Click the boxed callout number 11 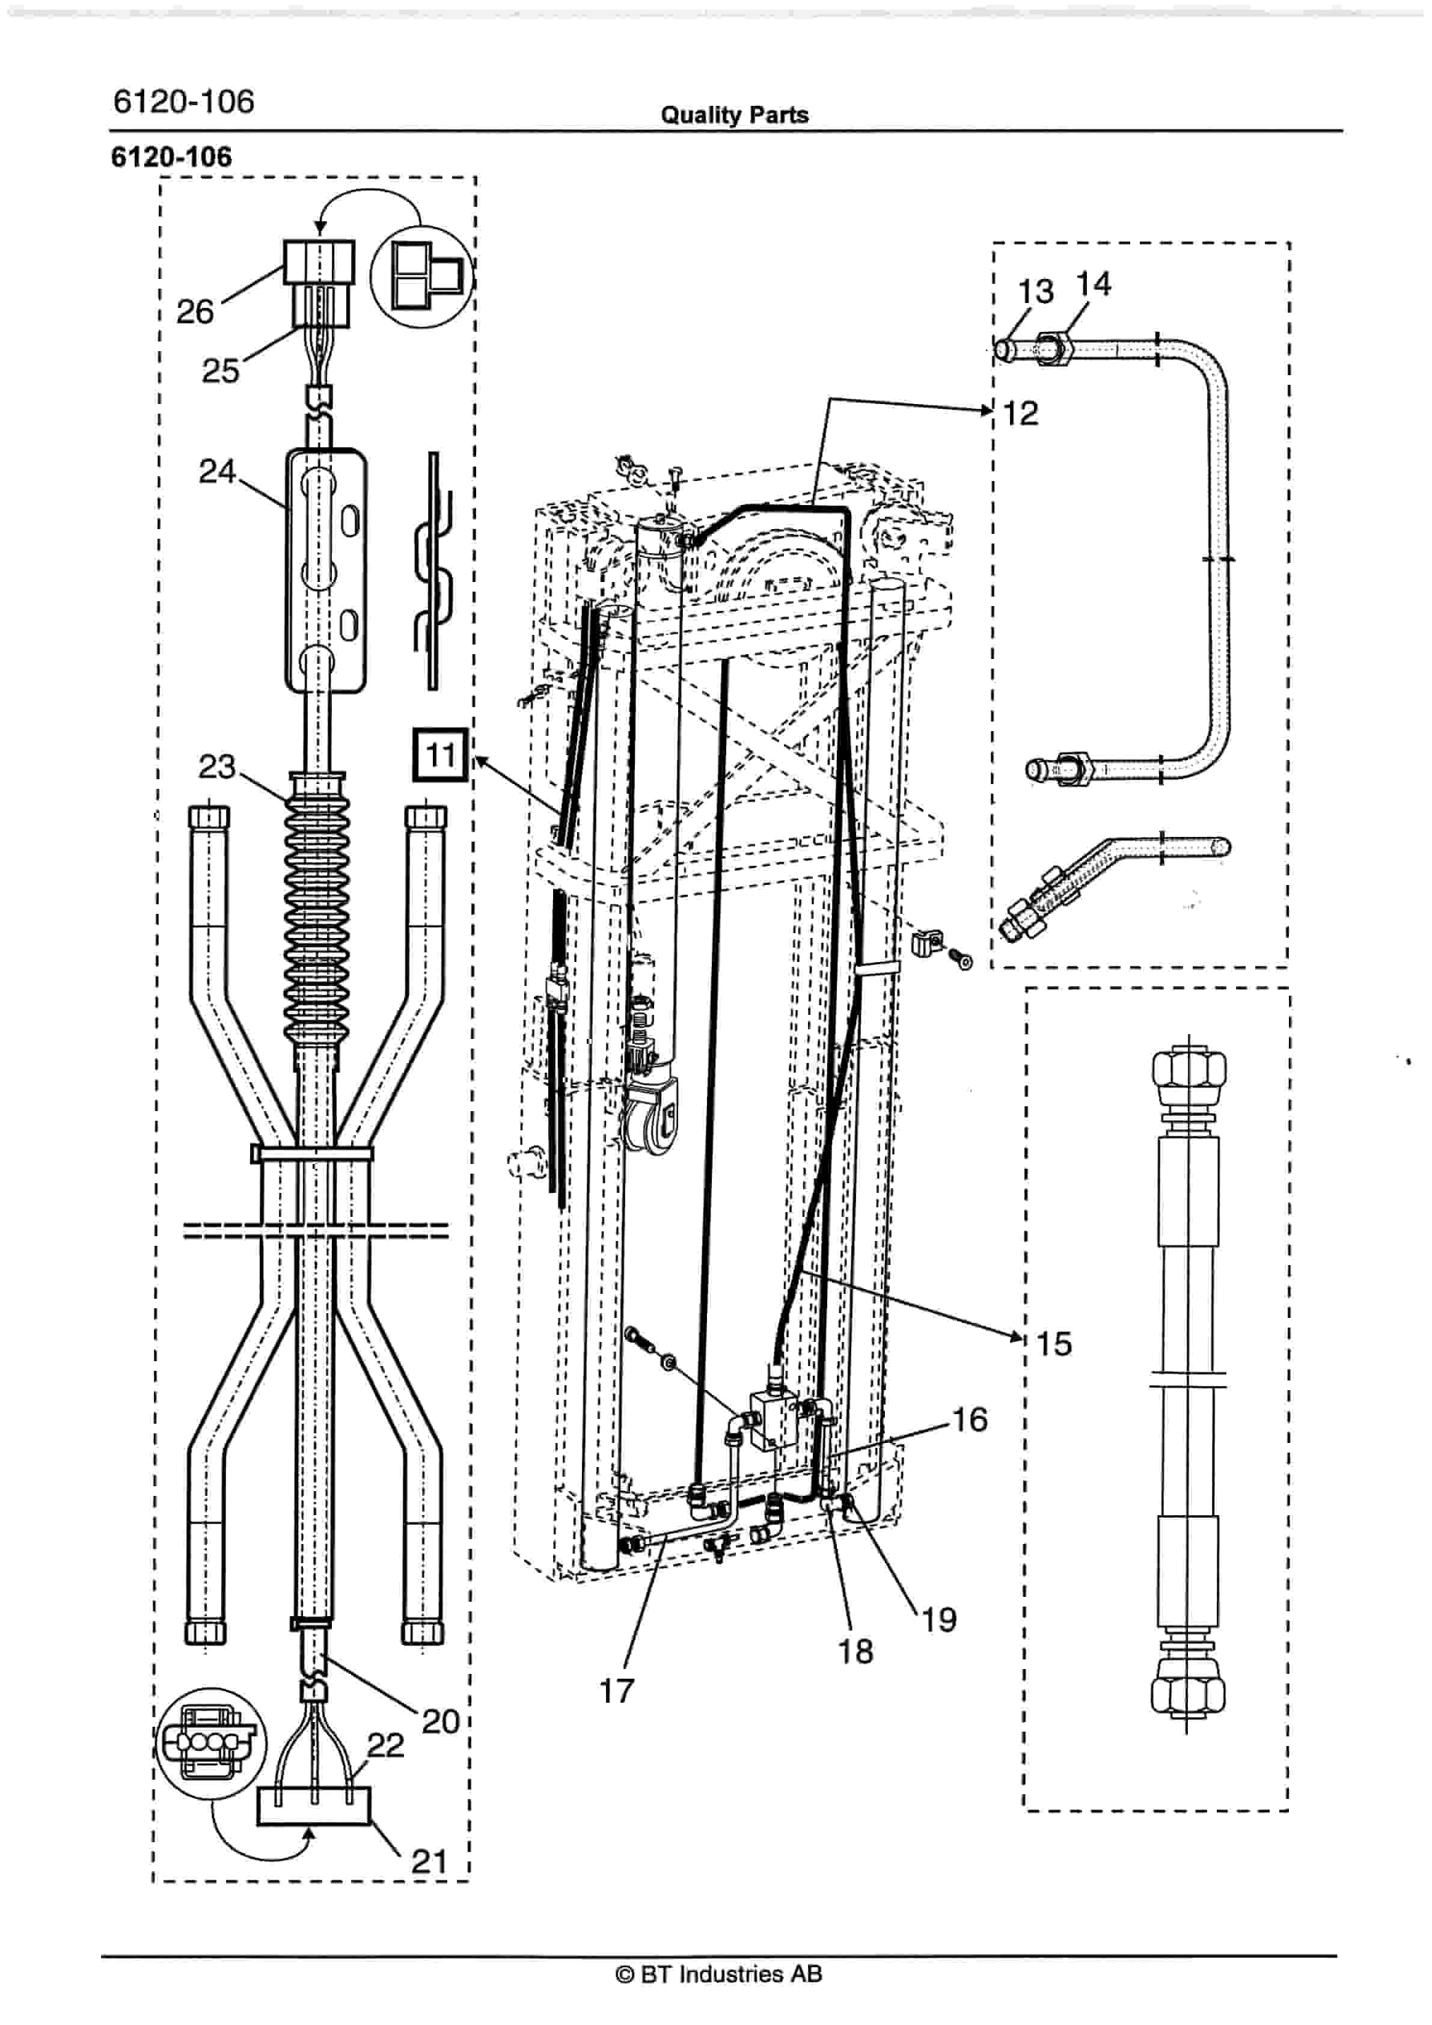(440, 755)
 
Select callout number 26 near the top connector (195, 311)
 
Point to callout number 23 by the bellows (217, 767)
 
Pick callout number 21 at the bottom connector (430, 1862)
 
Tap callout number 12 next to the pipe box (1021, 413)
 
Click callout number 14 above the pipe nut (1094, 284)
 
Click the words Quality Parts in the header (735, 115)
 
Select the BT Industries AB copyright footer (718, 1974)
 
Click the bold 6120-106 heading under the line (172, 157)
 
